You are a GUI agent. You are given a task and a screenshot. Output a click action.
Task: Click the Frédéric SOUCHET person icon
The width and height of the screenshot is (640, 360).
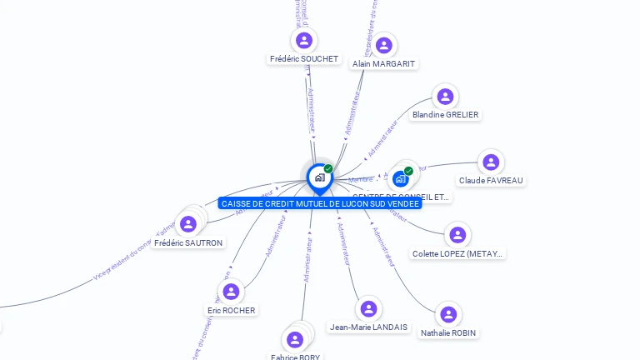tap(303, 40)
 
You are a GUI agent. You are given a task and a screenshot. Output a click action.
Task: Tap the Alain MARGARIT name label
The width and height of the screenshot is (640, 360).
tap(384, 64)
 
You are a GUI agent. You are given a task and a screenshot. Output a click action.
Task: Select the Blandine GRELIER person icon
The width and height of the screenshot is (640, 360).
tap(446, 97)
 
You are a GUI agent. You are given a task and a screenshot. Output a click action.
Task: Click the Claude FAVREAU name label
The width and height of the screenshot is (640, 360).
tap(492, 180)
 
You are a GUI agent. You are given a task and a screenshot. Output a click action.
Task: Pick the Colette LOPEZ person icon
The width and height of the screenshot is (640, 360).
tap(457, 235)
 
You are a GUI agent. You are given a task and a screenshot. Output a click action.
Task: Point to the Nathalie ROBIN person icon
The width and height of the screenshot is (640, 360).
tap(448, 314)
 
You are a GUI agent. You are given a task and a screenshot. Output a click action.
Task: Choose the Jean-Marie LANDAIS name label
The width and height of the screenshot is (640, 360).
tap(368, 327)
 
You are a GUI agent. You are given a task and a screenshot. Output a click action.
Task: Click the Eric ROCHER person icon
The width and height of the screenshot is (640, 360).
tap(231, 292)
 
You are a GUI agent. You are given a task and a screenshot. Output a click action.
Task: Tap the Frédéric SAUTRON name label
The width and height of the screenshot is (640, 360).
tap(189, 242)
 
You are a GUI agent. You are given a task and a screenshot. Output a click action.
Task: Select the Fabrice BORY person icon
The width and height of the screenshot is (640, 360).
tap(294, 339)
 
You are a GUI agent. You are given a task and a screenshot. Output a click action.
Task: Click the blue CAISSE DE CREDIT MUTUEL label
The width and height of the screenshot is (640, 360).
tap(320, 203)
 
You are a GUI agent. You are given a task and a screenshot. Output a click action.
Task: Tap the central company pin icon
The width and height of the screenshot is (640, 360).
tap(318, 177)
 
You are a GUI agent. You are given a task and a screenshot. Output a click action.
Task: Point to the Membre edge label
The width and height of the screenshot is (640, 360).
tap(361, 179)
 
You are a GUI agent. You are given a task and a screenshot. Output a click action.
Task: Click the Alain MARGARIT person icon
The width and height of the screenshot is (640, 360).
tap(384, 45)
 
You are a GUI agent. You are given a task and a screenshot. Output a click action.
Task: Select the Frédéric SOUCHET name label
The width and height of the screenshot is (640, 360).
tap(304, 59)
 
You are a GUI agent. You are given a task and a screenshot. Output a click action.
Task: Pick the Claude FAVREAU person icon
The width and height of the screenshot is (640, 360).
tap(491, 162)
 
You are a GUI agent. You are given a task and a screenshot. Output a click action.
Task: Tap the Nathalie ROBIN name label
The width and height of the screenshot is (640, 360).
tap(449, 332)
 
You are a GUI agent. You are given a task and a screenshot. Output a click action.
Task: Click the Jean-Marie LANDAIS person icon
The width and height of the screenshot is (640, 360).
tap(368, 308)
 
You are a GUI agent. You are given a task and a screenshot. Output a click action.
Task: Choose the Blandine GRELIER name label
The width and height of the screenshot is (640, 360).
tap(446, 114)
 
